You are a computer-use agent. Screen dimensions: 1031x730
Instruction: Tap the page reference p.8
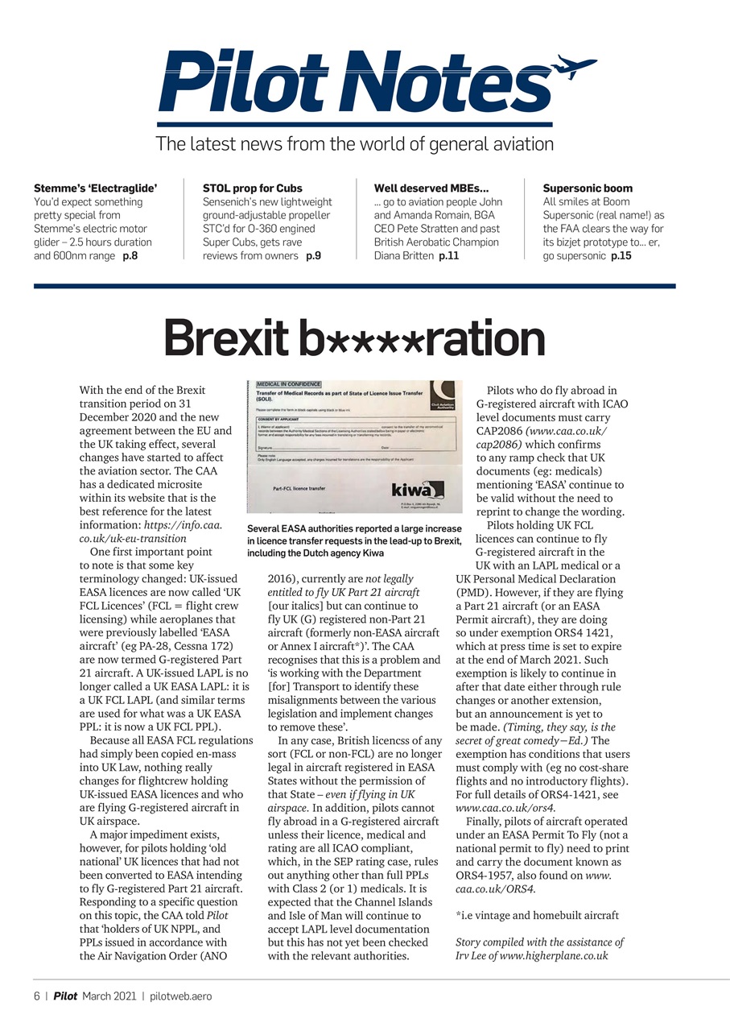click(x=130, y=256)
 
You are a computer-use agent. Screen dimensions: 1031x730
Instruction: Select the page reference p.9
click(x=313, y=256)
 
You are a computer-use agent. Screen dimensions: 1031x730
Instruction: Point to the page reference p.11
click(x=448, y=256)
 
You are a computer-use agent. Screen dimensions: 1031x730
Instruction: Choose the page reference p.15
click(x=621, y=256)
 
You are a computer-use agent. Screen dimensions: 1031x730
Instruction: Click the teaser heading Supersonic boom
click(x=588, y=188)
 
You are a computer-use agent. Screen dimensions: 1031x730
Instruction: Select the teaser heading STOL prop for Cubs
click(x=253, y=188)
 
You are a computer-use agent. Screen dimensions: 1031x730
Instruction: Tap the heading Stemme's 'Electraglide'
click(x=96, y=188)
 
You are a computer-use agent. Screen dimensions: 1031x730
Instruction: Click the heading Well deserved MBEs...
click(x=431, y=188)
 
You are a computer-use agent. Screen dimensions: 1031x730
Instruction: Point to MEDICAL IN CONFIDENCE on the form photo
click(x=289, y=385)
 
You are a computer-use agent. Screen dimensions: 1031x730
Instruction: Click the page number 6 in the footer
click(x=37, y=996)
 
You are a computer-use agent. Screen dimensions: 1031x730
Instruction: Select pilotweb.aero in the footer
click(x=181, y=996)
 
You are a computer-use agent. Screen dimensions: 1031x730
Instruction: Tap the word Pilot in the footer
click(x=66, y=996)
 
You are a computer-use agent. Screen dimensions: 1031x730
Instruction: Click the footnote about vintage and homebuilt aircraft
click(x=537, y=916)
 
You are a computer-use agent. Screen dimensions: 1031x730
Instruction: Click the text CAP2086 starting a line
click(x=499, y=431)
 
